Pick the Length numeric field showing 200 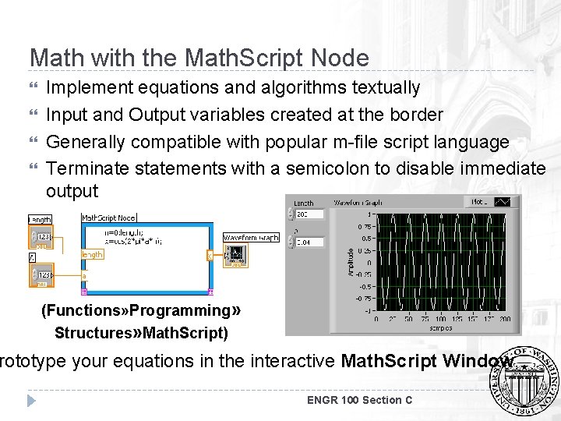[x=311, y=214]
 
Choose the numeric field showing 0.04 [x=311, y=242]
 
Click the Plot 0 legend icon [x=503, y=202]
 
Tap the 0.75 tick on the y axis [x=365, y=228]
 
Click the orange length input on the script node [x=92, y=254]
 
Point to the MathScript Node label [x=108, y=218]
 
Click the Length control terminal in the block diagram [x=41, y=236]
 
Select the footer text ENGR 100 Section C [x=359, y=400]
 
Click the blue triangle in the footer [x=32, y=400]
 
